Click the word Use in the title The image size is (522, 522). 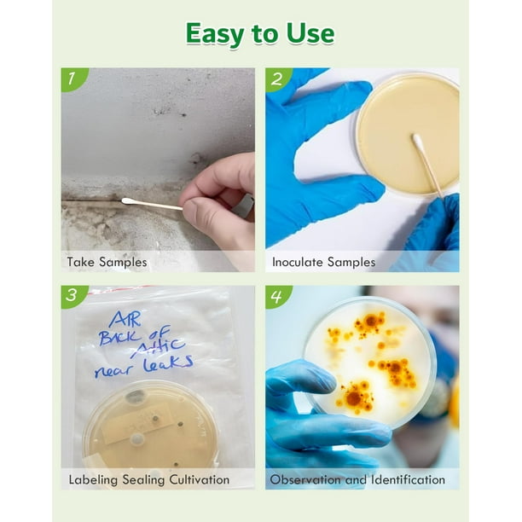[310, 33]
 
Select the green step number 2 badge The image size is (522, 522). [278, 78]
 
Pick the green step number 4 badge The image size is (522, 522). [277, 296]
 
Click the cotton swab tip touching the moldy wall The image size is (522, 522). [128, 201]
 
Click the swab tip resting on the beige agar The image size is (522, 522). [417, 140]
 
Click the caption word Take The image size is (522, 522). [81, 262]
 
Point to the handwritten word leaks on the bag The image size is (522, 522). [168, 363]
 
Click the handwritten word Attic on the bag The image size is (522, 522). [158, 347]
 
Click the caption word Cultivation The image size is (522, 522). [199, 479]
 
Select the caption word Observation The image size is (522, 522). [305, 479]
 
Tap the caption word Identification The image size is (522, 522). [409, 479]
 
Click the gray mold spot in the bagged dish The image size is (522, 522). [135, 396]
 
